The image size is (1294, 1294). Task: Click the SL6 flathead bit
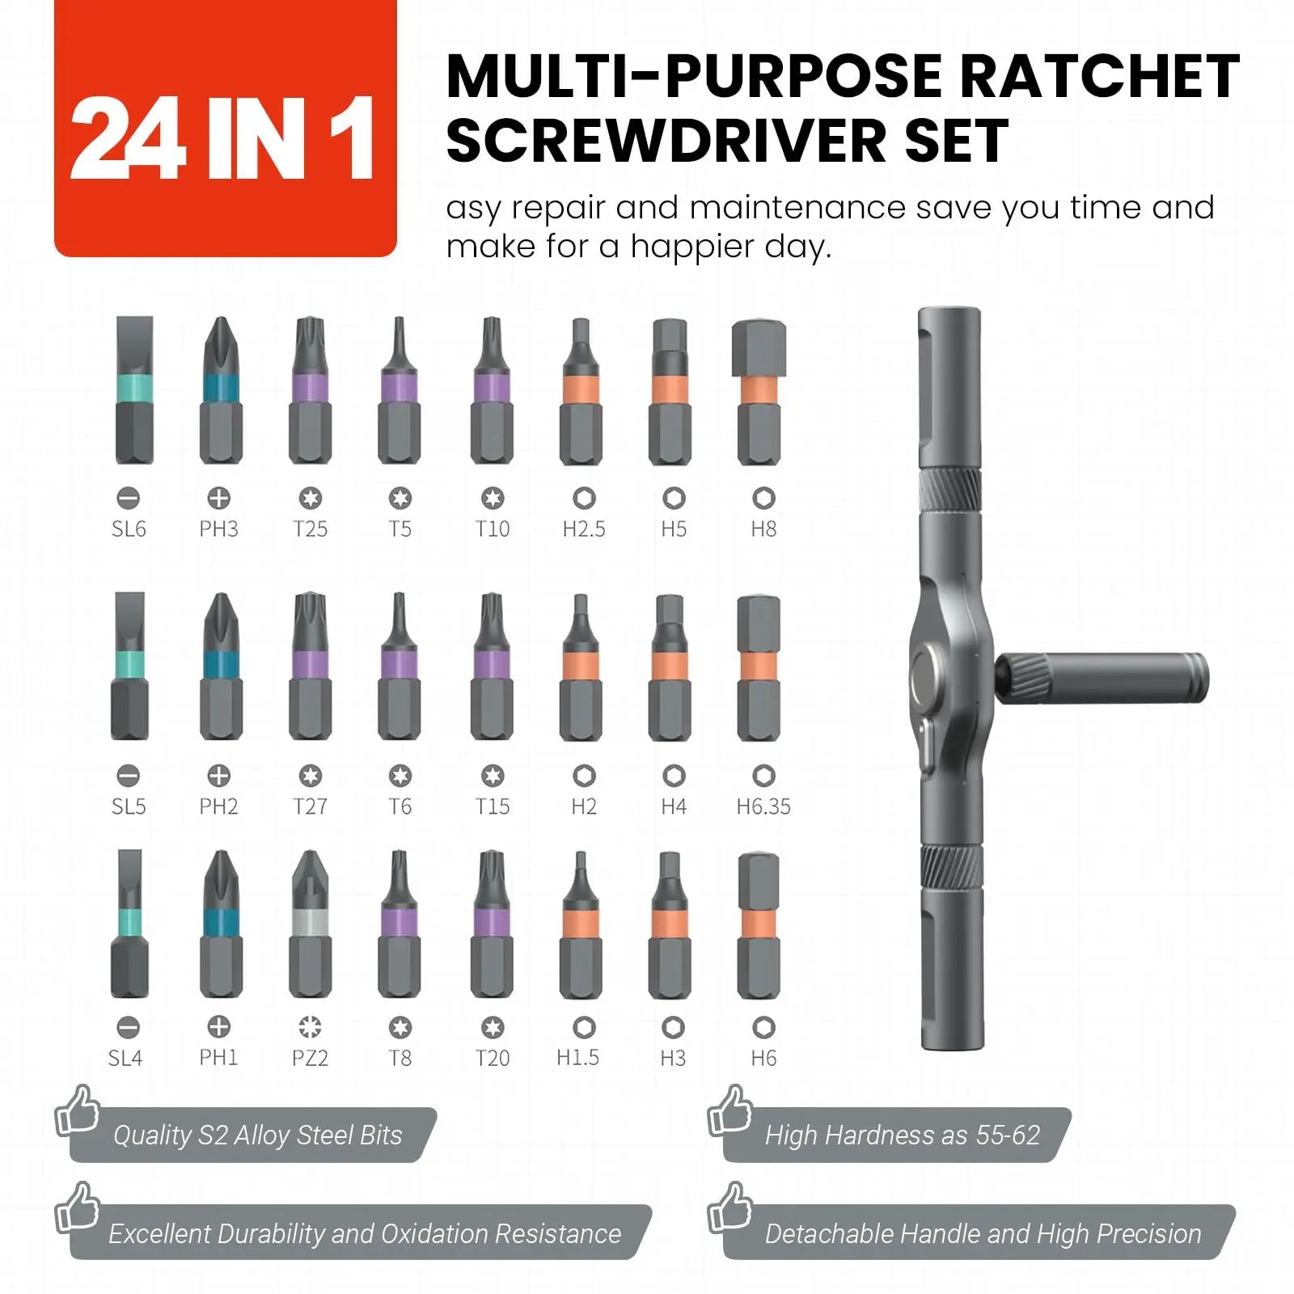(134, 390)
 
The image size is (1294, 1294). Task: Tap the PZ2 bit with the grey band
(310, 924)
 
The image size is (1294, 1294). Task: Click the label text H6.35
(763, 806)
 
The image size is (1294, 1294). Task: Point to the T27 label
(310, 806)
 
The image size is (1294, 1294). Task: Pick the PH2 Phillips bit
(221, 666)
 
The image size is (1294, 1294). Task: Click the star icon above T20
(492, 1028)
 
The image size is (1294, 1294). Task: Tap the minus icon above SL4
(128, 1028)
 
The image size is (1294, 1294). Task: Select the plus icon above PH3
(219, 498)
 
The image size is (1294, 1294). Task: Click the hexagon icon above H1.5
(584, 1028)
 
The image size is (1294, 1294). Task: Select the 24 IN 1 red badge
(225, 129)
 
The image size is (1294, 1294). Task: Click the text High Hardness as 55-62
(902, 1135)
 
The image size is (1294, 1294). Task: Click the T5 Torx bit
(400, 390)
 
